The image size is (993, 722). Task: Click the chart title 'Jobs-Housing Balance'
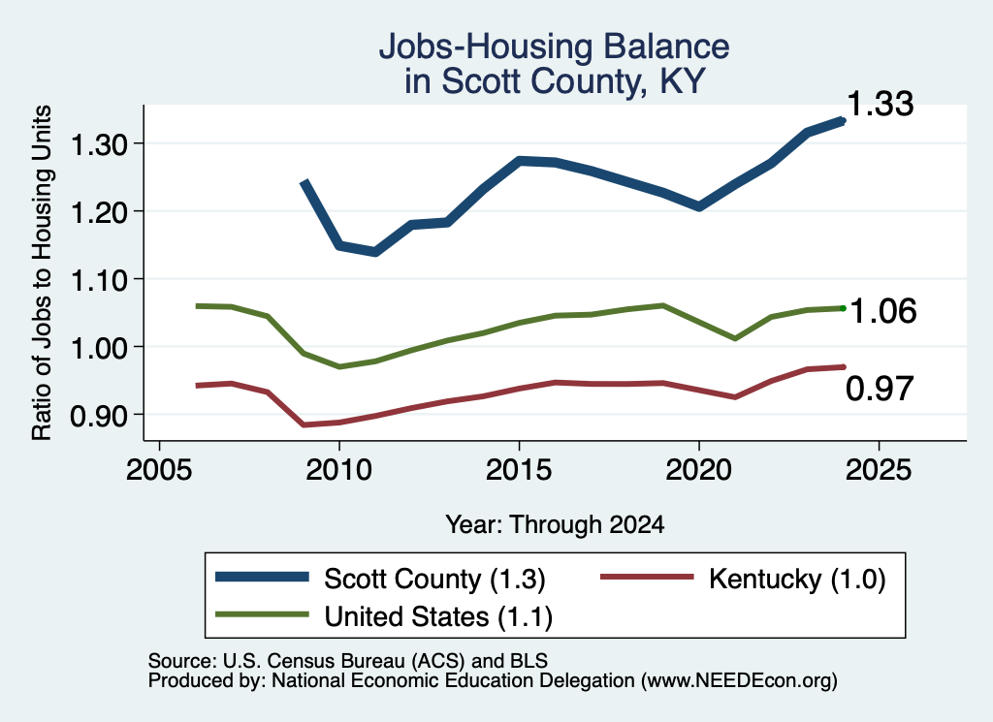point(554,47)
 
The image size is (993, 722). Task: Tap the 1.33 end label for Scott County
point(880,104)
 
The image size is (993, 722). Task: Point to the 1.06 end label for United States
point(882,311)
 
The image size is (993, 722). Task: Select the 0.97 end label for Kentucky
point(880,389)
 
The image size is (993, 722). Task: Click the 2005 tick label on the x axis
point(159,470)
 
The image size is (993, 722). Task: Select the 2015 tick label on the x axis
point(519,470)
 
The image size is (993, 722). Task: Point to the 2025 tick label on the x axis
point(879,470)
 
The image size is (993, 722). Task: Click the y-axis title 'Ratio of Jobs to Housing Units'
point(42,272)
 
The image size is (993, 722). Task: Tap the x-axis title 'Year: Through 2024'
point(555,524)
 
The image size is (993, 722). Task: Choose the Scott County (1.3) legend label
point(434,579)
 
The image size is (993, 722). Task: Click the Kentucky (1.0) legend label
point(797,579)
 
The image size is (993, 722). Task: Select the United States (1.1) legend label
point(438,617)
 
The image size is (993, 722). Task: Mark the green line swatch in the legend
point(262,614)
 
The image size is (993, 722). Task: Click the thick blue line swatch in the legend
point(262,577)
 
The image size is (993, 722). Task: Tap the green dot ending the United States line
point(843,308)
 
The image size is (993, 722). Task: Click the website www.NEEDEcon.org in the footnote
point(738,681)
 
